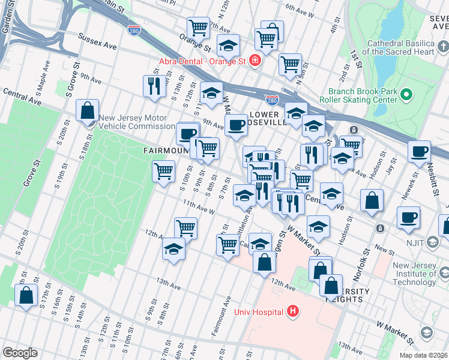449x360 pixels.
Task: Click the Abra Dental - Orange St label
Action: (202, 61)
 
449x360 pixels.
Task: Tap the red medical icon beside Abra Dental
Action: (255, 61)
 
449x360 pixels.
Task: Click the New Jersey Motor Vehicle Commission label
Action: (137, 122)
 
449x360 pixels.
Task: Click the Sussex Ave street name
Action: (96, 41)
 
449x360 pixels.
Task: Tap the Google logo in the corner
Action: (20, 353)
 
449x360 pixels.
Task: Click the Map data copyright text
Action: (423, 355)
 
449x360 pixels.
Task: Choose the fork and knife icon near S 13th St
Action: (154, 86)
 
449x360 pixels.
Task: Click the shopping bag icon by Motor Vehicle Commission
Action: (88, 110)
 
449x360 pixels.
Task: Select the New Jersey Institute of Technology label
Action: (414, 274)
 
